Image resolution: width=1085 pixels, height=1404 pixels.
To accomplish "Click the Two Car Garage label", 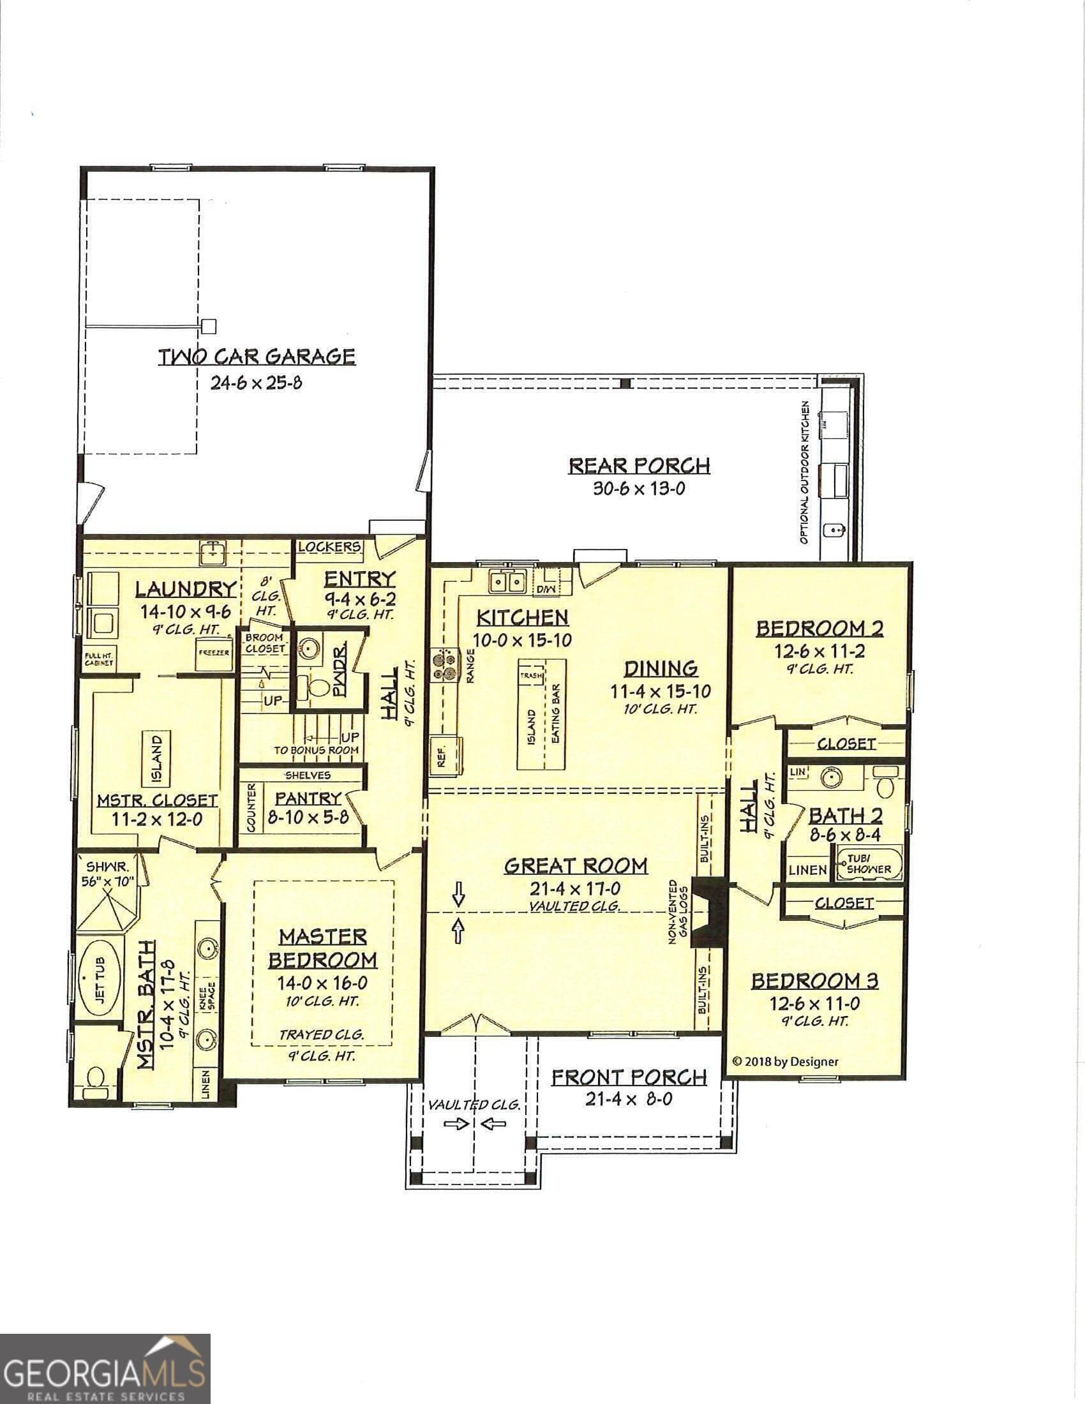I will (x=257, y=356).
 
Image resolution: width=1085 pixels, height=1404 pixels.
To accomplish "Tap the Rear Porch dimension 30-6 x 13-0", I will (x=638, y=489).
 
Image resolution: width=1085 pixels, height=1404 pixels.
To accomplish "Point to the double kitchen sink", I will (x=507, y=582).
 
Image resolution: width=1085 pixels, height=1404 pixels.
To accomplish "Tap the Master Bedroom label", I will (x=322, y=948).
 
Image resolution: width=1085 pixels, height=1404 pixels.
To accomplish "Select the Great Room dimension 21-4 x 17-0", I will (x=575, y=889).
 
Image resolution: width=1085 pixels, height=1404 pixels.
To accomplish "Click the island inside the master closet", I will (x=157, y=759).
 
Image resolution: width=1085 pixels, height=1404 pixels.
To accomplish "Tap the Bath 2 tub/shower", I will (x=869, y=864).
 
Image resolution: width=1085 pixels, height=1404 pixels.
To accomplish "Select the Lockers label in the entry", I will (x=329, y=546).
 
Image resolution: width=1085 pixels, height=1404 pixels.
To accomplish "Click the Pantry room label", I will (x=308, y=798).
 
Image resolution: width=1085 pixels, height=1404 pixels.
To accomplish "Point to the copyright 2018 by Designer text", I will (x=785, y=1062).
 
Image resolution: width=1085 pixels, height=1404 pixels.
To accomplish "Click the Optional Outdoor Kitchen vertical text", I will (x=804, y=472).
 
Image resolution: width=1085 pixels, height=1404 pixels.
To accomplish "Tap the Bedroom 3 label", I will (x=814, y=981).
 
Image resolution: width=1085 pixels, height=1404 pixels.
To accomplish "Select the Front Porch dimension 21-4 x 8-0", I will (x=629, y=1100).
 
